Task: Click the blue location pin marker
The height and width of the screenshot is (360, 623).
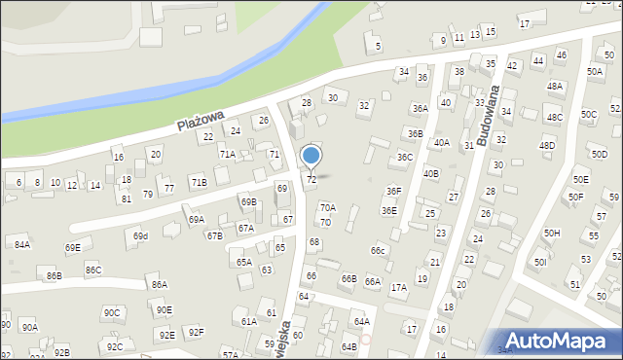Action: click(311, 157)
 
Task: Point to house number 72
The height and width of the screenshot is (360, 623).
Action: click(311, 179)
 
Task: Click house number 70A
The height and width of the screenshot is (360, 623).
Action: click(328, 207)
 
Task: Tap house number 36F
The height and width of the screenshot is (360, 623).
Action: click(393, 192)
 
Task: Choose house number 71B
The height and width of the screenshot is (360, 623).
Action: click(199, 182)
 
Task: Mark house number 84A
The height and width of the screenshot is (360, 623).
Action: click(21, 244)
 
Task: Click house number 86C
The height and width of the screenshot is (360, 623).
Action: click(93, 270)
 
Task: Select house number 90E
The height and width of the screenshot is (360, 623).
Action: click(164, 309)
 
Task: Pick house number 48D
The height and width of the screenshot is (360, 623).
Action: click(547, 146)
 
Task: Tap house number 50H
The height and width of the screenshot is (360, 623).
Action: click(552, 234)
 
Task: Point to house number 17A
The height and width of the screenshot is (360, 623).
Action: click(398, 287)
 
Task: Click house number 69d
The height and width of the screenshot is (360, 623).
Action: click(141, 236)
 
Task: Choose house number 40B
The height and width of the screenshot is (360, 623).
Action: click(431, 173)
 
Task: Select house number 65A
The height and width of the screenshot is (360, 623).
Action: click(243, 262)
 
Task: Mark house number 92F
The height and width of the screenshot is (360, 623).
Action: click(197, 332)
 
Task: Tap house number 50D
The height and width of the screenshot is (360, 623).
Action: click(600, 154)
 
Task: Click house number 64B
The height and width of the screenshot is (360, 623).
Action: click(349, 346)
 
